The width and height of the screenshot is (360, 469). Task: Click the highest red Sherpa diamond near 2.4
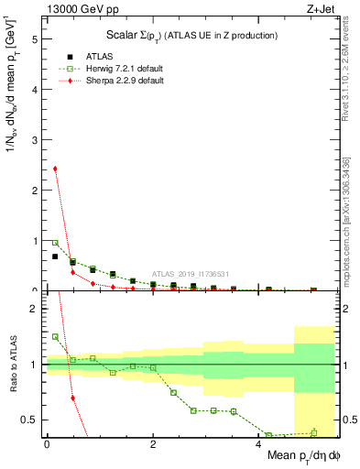tap(55, 169)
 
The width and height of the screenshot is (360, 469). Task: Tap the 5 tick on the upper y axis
tap(35, 39)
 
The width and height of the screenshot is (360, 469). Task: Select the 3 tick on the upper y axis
tap(35, 140)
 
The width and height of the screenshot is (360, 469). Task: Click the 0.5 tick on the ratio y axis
tap(31, 420)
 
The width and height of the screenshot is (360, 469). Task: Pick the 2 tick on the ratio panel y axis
tap(35, 309)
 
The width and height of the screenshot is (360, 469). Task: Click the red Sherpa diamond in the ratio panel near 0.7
tap(72, 398)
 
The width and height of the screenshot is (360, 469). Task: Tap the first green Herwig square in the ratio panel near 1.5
tap(55, 337)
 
